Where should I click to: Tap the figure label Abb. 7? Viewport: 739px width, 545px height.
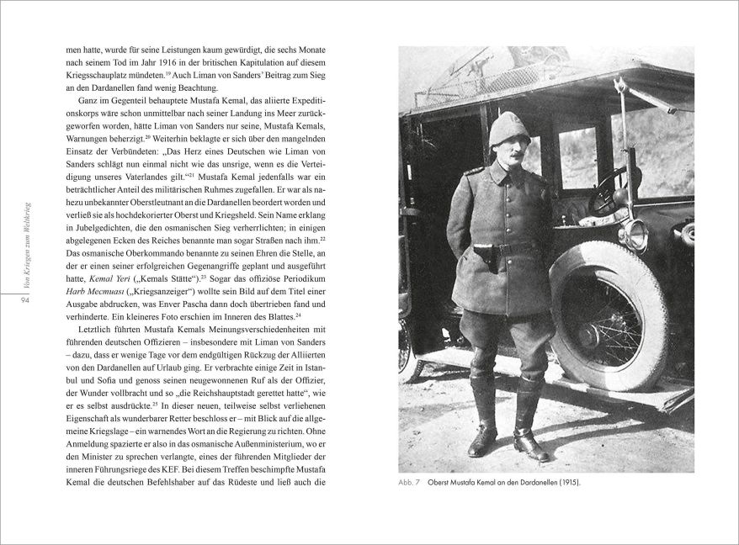(x=411, y=484)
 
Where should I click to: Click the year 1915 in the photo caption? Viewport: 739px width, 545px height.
(x=568, y=484)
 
